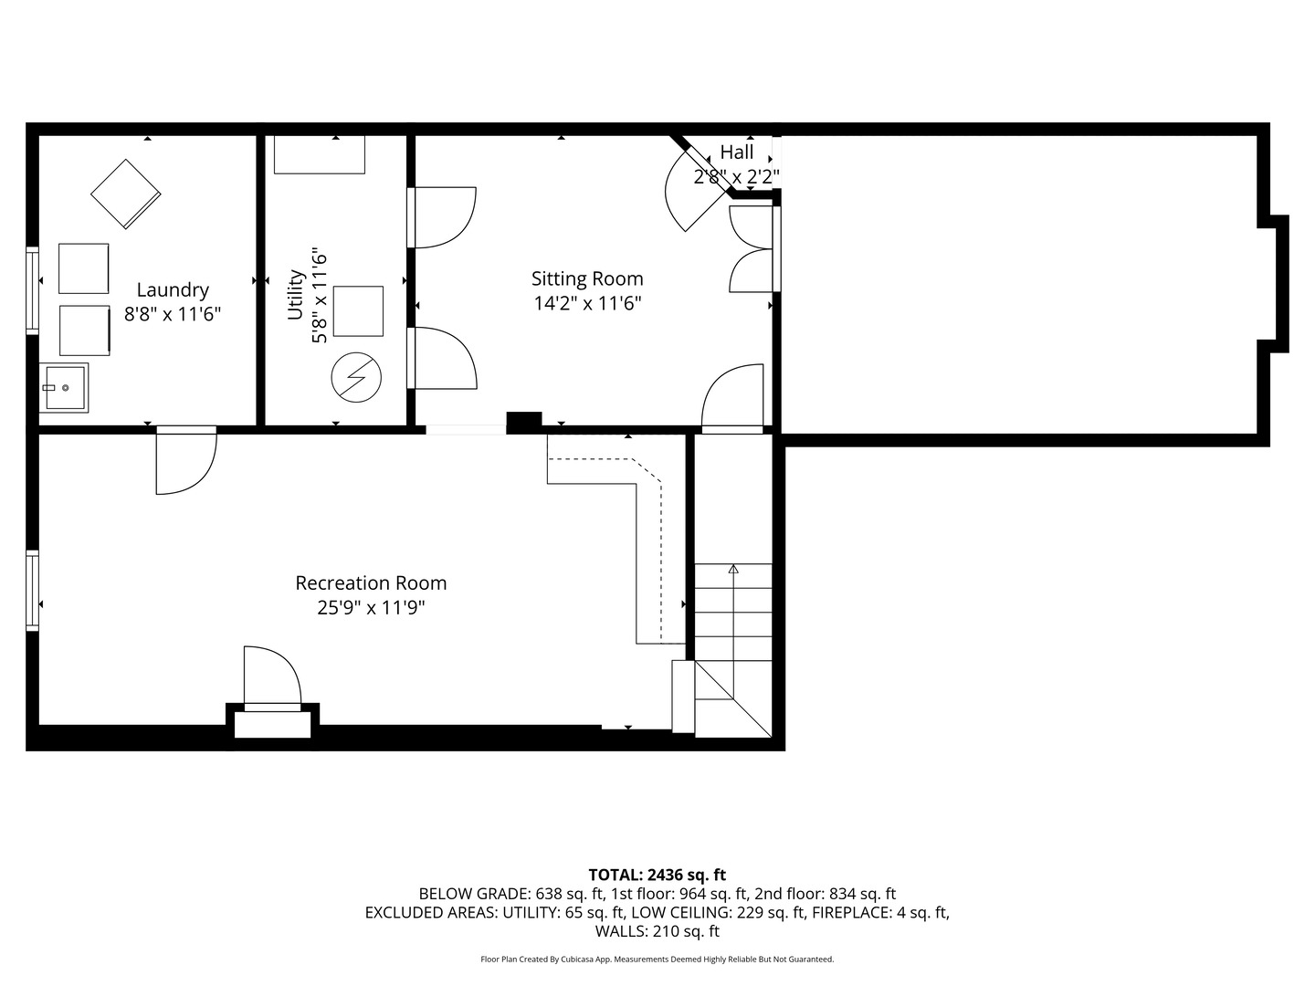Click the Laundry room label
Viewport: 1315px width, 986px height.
click(173, 290)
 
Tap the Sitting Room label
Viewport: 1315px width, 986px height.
click(587, 279)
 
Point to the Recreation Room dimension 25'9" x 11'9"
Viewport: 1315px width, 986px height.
click(371, 607)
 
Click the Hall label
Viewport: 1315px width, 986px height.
click(736, 152)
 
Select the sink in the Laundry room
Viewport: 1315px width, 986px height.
click(64, 388)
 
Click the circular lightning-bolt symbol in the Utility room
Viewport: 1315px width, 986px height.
click(356, 377)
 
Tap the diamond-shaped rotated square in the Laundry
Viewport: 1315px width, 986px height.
click(125, 194)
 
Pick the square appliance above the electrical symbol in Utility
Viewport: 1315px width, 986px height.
click(358, 311)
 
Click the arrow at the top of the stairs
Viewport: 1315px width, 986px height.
click(732, 570)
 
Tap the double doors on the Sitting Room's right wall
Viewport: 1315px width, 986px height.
click(751, 249)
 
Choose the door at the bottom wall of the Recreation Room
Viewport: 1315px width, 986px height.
click(271, 677)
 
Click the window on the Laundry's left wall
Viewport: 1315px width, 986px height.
click(32, 290)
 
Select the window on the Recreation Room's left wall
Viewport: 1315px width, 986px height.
click(32, 590)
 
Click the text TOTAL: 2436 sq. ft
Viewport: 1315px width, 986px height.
click(657, 875)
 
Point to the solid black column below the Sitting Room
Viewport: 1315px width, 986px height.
click(523, 422)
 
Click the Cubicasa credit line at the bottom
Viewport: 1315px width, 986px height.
click(657, 960)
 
